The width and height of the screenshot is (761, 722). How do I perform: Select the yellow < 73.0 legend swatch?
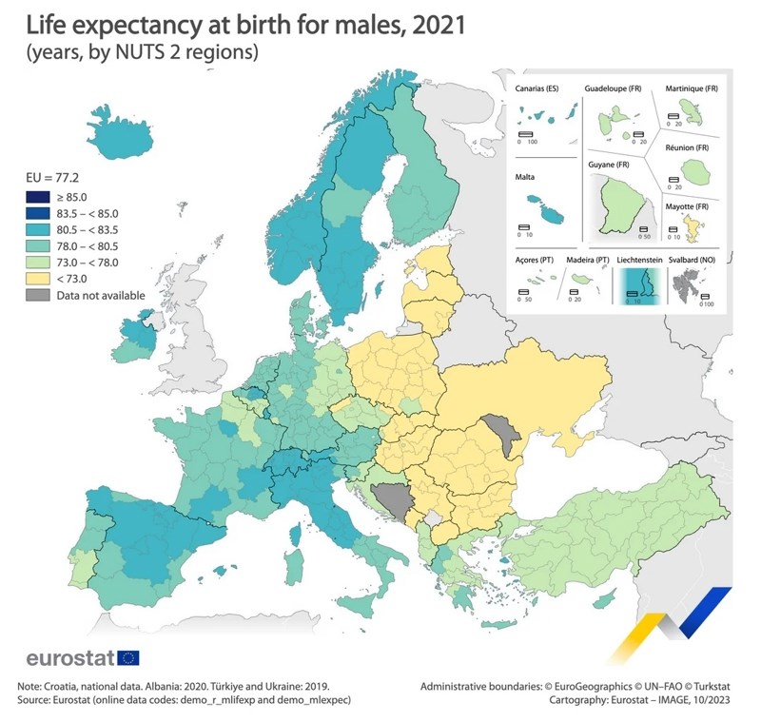[x=38, y=279]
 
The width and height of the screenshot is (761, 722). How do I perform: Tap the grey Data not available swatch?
[x=38, y=296]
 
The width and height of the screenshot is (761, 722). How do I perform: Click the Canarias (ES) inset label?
[x=537, y=88]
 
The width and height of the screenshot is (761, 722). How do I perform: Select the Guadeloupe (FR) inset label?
[x=613, y=88]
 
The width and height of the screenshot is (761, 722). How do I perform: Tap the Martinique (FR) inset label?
[x=692, y=88]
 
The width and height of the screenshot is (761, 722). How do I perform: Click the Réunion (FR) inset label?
[x=687, y=149]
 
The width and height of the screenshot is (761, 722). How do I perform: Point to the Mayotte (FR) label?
[x=690, y=207]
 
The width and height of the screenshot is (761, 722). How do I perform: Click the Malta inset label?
[x=525, y=177]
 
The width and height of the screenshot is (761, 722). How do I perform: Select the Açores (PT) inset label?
[x=533, y=259]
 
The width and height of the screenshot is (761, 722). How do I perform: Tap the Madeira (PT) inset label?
[x=589, y=259]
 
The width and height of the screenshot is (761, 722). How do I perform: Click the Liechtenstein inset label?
[x=641, y=259]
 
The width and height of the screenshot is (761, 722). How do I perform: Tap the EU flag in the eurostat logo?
[x=127, y=657]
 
